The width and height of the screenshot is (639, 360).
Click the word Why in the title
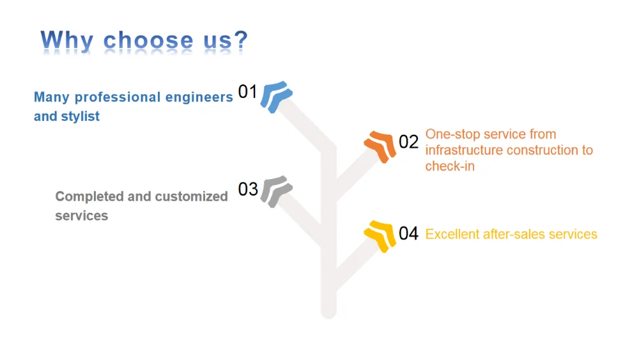click(x=67, y=40)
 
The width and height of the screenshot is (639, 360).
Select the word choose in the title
click(x=148, y=40)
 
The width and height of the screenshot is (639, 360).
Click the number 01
click(x=247, y=92)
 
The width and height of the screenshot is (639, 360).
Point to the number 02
click(x=408, y=141)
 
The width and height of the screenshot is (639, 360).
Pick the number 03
click(x=248, y=189)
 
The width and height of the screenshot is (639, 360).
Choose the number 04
click(x=408, y=233)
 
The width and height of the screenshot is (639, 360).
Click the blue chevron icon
click(x=277, y=97)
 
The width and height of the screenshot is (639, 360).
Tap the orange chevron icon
click(x=380, y=146)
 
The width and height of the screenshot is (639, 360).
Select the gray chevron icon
click(x=277, y=191)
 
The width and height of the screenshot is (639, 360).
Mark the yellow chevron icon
click(x=380, y=235)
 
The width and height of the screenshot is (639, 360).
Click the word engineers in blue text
click(x=199, y=97)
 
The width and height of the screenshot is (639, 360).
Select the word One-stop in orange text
click(x=450, y=134)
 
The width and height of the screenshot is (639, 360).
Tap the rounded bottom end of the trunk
click(x=328, y=311)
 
